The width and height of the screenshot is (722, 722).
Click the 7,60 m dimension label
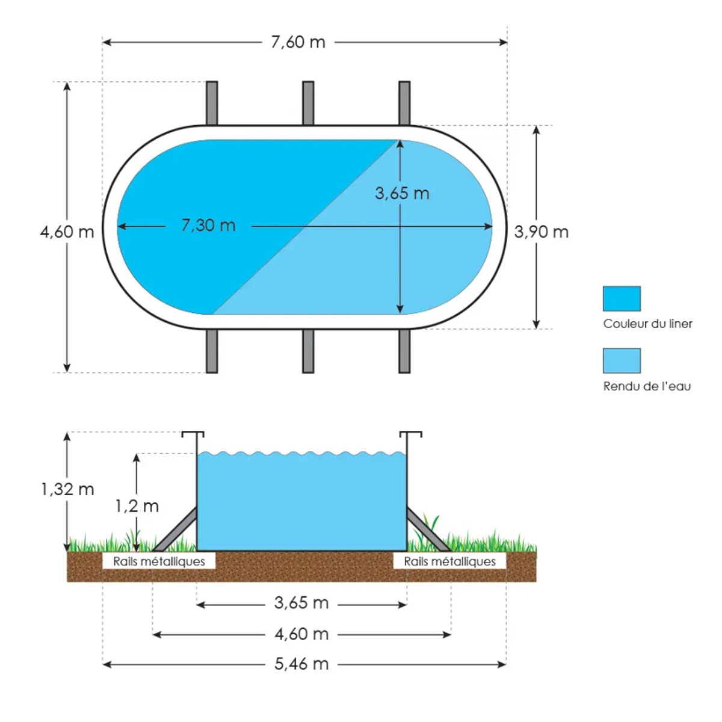[x=298, y=42]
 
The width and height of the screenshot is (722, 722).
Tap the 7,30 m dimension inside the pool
[x=208, y=226]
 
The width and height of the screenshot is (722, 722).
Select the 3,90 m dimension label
[x=541, y=232]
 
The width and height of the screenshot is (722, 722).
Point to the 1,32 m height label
[x=67, y=489]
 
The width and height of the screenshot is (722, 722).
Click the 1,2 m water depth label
[x=137, y=506]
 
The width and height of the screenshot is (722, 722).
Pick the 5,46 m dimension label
[x=301, y=664]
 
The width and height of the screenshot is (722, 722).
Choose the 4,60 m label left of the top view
[x=67, y=232]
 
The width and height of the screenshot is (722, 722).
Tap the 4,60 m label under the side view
[x=301, y=634]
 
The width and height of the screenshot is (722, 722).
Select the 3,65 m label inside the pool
[x=402, y=193]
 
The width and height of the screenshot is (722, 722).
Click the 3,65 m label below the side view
[x=301, y=603]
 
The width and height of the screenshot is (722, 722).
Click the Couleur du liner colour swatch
[x=622, y=298]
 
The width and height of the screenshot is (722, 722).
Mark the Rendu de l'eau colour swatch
[x=622, y=361]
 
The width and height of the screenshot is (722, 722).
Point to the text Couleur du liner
[x=647, y=324]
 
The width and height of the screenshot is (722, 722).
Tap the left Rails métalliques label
[x=159, y=561]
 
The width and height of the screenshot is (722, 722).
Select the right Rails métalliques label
[x=449, y=561]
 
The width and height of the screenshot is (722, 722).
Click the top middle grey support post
[x=308, y=103]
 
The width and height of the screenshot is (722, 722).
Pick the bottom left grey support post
[x=212, y=351]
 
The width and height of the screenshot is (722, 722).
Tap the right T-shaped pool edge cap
[x=410, y=434]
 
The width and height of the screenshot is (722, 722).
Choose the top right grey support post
[x=404, y=103]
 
